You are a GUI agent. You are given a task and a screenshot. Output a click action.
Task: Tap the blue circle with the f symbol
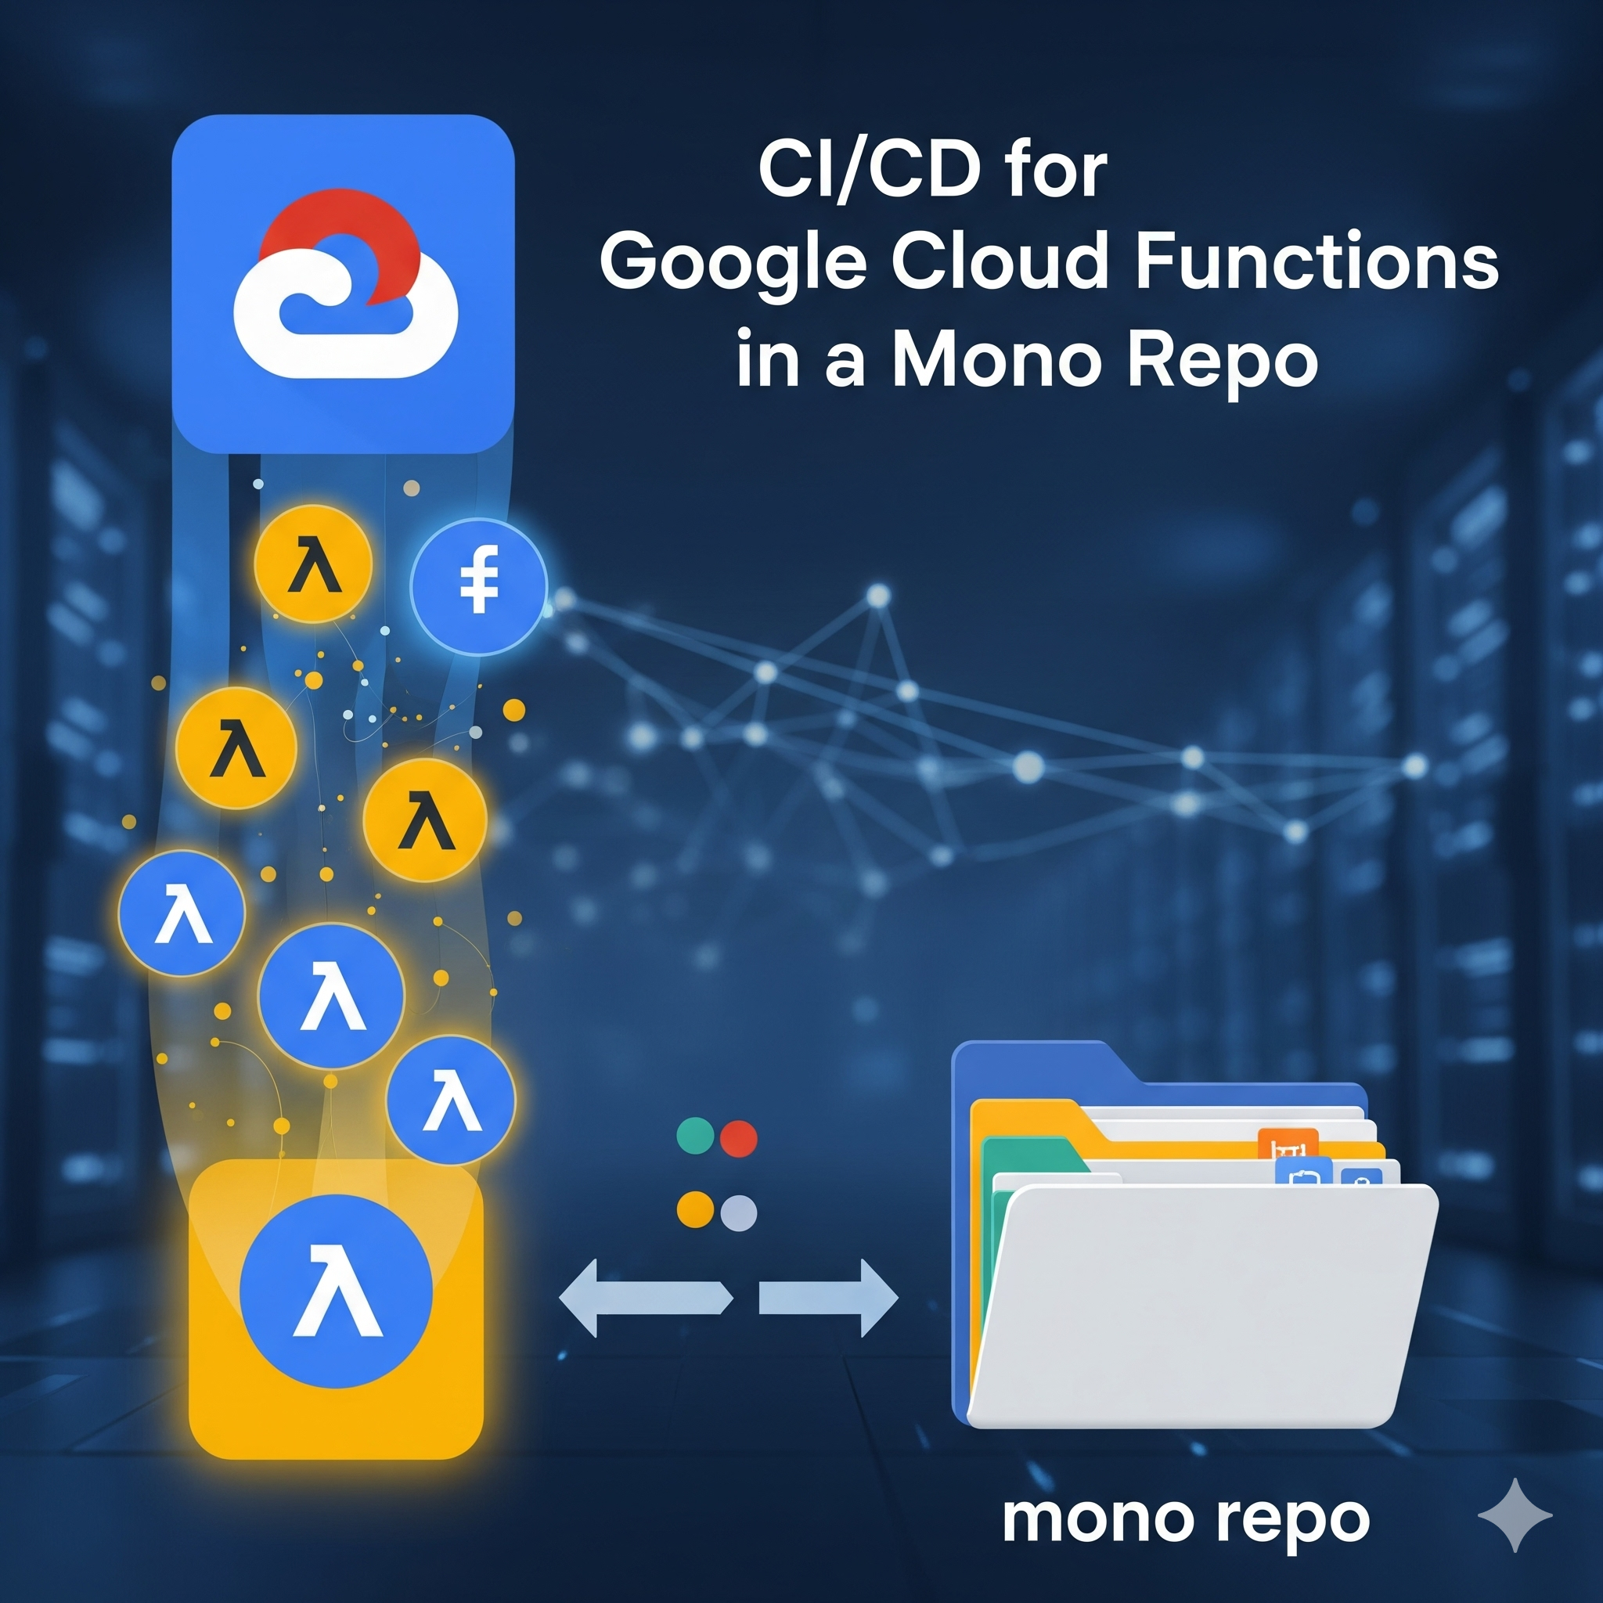click(x=479, y=585)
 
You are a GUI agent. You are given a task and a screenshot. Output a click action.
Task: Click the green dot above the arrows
click(x=695, y=1136)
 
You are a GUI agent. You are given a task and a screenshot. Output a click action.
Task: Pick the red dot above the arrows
click(x=738, y=1138)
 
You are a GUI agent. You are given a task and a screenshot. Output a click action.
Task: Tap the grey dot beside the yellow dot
click(x=738, y=1213)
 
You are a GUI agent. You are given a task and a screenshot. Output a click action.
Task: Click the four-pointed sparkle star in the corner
click(x=1515, y=1515)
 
